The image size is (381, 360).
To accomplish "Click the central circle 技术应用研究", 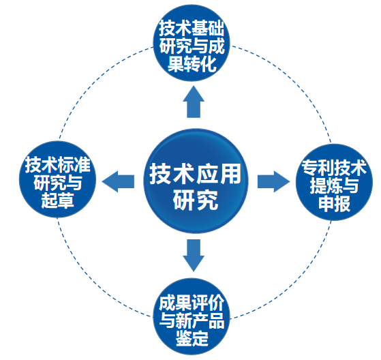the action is tap(196, 181).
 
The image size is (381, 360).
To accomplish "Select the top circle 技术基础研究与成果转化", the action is tap(192, 43).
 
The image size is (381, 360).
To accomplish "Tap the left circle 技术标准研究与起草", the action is tap(57, 179).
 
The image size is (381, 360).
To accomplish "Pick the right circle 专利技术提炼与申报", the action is tap(334, 182).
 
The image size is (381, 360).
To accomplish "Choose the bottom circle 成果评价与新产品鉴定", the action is tap(192, 316).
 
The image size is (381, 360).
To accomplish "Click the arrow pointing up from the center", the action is tap(194, 102).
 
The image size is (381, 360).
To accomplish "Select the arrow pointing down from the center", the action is tap(194, 256).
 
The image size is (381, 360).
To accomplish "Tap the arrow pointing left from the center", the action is tap(118, 181).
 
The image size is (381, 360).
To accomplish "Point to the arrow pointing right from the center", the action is tap(274, 181).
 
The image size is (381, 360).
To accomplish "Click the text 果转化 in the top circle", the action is tap(192, 64).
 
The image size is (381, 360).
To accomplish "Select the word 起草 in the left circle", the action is tap(57, 200).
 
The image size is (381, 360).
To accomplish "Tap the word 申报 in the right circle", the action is tap(335, 204).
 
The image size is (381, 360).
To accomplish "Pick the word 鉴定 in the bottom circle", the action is tap(192, 338).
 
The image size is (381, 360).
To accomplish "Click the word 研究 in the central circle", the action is tap(196, 200).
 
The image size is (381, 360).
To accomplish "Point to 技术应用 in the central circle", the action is tap(195, 174).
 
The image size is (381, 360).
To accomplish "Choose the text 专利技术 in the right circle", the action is tap(334, 168).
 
